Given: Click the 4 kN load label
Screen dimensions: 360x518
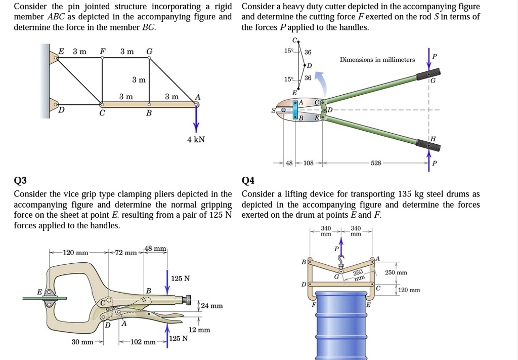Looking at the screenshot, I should pyautogui.click(x=196, y=139).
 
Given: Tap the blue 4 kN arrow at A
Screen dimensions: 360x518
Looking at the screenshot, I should pyautogui.click(x=197, y=119).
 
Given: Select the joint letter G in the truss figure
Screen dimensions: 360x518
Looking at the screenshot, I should pyautogui.click(x=149, y=51).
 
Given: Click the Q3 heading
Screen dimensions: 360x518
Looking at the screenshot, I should pyautogui.click(x=21, y=181).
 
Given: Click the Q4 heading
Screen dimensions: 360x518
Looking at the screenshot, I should pyautogui.click(x=249, y=181).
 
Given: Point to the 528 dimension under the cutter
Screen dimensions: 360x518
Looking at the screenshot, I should pyautogui.click(x=376, y=164).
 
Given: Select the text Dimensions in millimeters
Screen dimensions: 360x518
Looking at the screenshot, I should pyautogui.click(x=377, y=60).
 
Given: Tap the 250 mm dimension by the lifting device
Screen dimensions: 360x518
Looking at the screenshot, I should pyautogui.click(x=396, y=272).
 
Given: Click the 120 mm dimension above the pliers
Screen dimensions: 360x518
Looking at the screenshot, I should pyautogui.click(x=75, y=252).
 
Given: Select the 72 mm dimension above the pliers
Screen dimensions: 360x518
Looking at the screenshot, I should pyautogui.click(x=126, y=252).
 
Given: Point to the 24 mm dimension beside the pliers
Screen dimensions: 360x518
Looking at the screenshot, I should pyautogui.click(x=211, y=306).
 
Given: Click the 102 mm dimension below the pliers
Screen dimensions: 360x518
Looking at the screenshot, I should pyautogui.click(x=143, y=342).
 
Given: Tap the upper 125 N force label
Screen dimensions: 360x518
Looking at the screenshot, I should pyautogui.click(x=181, y=278).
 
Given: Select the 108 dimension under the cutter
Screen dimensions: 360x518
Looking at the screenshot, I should pyautogui.click(x=308, y=164).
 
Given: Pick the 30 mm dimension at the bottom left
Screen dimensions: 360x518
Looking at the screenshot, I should pyautogui.click(x=82, y=342).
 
